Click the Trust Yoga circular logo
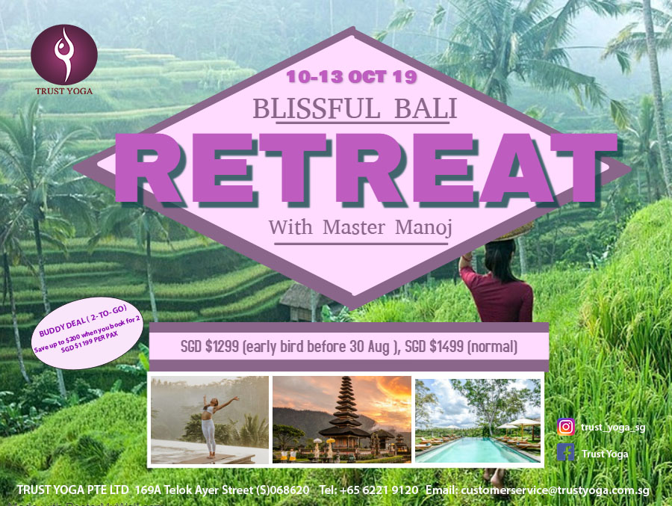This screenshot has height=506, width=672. [x=64, y=55]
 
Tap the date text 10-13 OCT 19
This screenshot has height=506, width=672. [x=352, y=77]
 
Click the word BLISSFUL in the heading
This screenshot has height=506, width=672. [x=317, y=108]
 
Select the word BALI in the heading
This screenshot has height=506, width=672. [x=426, y=108]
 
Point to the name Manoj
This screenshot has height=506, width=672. [x=423, y=227]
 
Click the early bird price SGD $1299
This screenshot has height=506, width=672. [x=210, y=346]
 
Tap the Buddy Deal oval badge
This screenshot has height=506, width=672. [x=87, y=333]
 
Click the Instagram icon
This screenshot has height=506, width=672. [x=566, y=427]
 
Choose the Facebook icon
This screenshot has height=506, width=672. [x=566, y=452]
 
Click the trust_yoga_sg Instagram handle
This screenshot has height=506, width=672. [x=613, y=428]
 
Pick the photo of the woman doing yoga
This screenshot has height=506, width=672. [x=210, y=420]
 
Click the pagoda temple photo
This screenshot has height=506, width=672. [x=341, y=420]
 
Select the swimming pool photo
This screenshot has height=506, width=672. [x=478, y=421]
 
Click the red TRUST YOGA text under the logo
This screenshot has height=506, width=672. [x=64, y=91]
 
